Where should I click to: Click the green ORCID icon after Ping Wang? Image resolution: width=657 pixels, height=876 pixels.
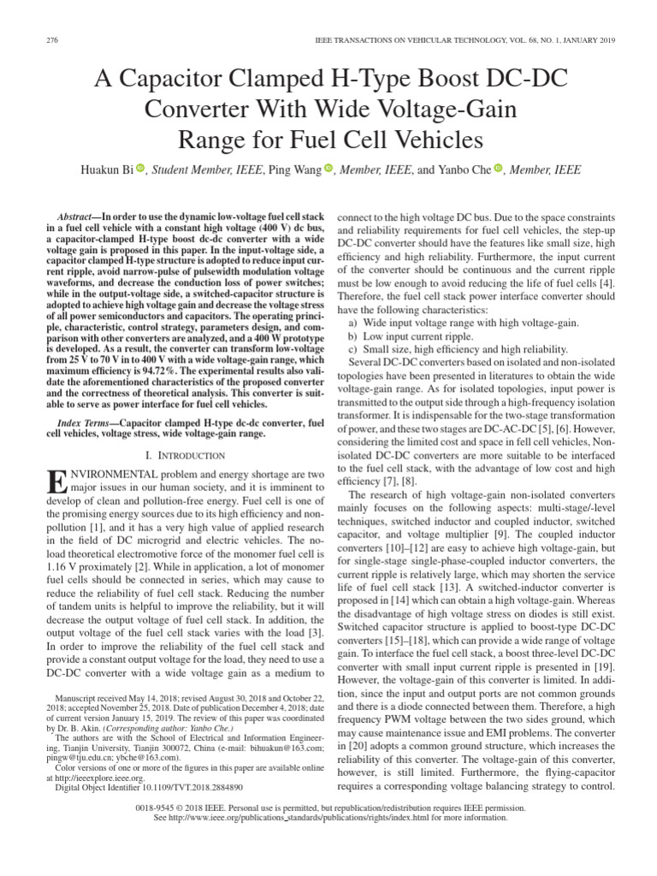point(328,169)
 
